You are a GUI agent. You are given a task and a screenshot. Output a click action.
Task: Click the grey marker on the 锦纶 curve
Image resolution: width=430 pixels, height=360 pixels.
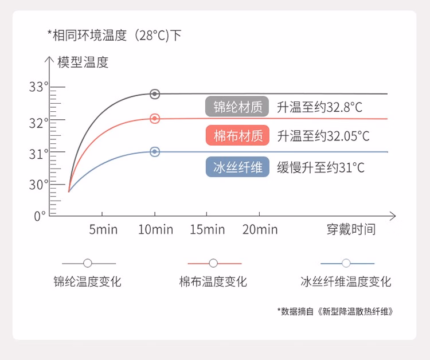[155, 94]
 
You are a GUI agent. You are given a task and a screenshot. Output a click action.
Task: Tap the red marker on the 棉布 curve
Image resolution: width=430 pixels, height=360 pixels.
[155, 119]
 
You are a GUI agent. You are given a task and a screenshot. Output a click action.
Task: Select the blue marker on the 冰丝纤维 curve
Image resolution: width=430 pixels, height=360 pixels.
[155, 151]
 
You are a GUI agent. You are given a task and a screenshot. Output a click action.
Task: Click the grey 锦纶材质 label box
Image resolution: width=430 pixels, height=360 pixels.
[237, 107]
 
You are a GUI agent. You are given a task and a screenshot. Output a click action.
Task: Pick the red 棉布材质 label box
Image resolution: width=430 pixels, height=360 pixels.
[237, 135]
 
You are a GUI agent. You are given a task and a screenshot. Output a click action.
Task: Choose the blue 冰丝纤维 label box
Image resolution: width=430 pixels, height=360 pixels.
[237, 167]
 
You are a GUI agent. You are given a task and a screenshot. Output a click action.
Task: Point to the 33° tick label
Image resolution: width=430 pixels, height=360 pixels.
[38, 87]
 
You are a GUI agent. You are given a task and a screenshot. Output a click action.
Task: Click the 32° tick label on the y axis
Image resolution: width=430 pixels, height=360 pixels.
[38, 123]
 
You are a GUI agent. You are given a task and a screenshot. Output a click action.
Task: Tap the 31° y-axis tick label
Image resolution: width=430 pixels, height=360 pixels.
[38, 154]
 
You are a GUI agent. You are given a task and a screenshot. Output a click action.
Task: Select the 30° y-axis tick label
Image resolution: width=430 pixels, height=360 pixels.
[38, 185]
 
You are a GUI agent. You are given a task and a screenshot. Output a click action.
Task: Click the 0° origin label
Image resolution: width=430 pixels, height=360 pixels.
[40, 216]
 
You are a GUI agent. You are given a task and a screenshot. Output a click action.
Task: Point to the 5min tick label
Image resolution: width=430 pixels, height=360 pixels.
[103, 229]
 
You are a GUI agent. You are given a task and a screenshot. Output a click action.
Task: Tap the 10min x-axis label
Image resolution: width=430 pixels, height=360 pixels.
[155, 229]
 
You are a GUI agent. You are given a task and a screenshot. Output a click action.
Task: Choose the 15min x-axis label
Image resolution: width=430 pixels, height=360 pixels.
[208, 229]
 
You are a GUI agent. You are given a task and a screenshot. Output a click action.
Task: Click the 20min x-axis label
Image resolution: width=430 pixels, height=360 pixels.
[260, 229]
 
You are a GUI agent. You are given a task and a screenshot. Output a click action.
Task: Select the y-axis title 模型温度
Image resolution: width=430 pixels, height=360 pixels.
[83, 62]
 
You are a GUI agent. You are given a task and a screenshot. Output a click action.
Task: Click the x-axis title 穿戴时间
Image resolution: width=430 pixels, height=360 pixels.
[351, 229]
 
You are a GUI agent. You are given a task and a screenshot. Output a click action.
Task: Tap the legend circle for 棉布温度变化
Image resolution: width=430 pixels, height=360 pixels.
[213, 263]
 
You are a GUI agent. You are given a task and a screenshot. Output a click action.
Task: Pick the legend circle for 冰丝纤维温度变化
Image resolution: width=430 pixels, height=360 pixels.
[346, 263]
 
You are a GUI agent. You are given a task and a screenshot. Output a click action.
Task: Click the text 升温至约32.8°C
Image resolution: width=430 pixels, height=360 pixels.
[319, 107]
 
